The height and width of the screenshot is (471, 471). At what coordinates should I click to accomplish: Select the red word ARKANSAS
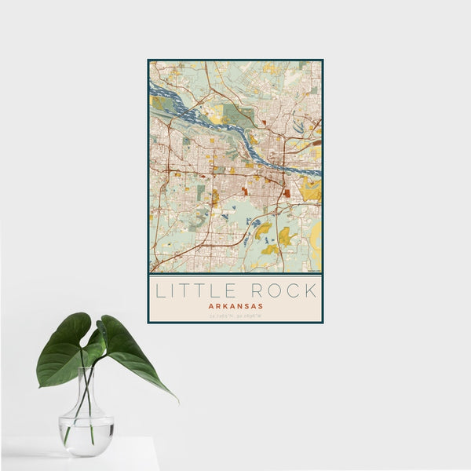235,306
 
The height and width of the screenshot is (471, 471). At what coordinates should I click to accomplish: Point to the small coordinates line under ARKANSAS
235,316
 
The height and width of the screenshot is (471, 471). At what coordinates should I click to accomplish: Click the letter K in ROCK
311,290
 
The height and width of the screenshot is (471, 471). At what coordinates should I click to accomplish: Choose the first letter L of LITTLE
159,290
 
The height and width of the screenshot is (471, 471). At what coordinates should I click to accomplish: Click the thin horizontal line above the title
235,276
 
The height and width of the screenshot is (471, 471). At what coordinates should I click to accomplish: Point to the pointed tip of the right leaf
177,400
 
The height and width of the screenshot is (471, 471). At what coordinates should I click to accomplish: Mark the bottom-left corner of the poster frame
148,323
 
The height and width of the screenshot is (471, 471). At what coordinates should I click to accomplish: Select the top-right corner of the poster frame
322,60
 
